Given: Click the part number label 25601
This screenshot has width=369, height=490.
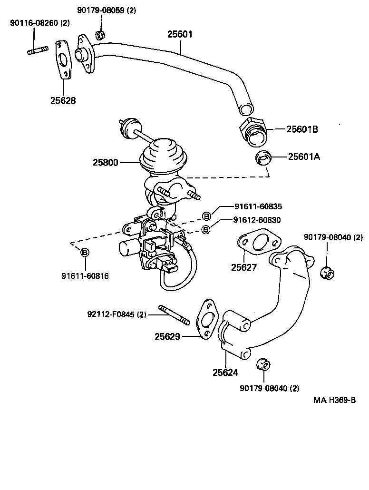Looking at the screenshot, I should [x=180, y=34].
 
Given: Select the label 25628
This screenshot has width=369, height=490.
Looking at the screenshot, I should [x=63, y=100].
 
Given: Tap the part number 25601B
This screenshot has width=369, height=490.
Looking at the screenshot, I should [x=301, y=129].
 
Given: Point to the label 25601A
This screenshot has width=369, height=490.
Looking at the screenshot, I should [x=303, y=156].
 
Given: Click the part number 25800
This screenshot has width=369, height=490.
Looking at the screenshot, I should [x=105, y=162].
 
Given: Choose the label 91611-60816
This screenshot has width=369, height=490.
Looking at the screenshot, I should [x=85, y=275].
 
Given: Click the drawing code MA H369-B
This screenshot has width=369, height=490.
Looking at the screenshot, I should [x=334, y=400].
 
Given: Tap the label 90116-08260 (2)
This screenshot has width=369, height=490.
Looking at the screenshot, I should [x=39, y=22].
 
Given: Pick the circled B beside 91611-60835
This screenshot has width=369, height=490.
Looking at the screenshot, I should [x=206, y=216].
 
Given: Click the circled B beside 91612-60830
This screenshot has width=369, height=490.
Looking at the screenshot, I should [x=206, y=229].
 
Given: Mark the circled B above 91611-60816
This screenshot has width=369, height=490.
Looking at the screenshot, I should [x=84, y=252].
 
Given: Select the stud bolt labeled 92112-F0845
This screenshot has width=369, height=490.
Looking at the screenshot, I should [x=175, y=315].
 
